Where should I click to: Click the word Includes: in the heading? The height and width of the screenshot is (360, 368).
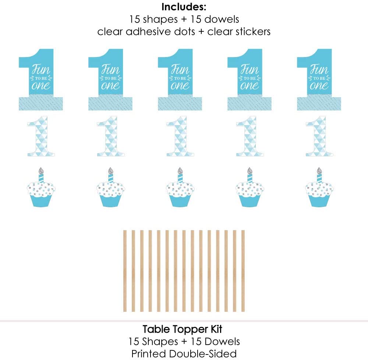[x=184, y=7]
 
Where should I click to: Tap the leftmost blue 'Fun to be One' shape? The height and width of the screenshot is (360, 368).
[x=40, y=79]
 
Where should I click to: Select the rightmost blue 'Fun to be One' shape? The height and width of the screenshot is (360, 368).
[x=318, y=79]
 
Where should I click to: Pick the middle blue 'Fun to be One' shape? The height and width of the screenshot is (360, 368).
[x=179, y=79]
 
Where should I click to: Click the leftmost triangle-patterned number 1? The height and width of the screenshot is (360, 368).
[x=41, y=137]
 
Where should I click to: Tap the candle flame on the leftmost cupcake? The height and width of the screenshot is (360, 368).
[x=41, y=171]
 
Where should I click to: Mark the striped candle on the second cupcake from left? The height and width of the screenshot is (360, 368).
[x=110, y=178]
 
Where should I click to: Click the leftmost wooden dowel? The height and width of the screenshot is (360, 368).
[x=125, y=271]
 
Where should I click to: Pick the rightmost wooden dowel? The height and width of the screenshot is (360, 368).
[x=243, y=271]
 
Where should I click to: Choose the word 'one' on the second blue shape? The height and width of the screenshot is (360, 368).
[x=110, y=85]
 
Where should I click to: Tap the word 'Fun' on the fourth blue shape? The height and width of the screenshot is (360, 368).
[x=249, y=69]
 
